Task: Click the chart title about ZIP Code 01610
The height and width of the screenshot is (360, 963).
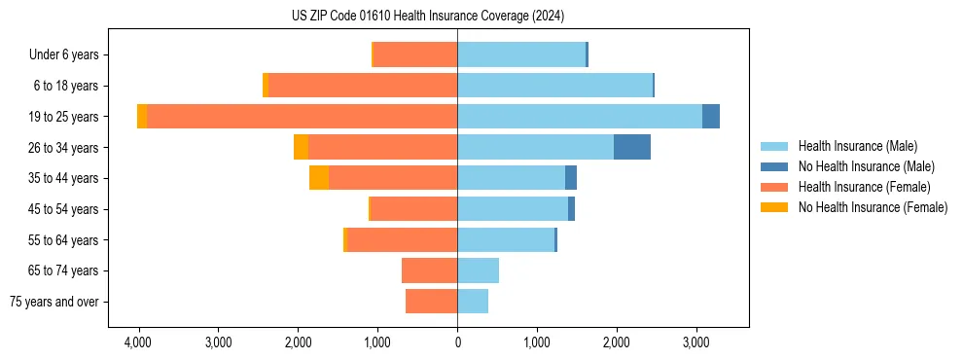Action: (427, 16)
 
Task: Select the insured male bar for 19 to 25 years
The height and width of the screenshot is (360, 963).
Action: (580, 117)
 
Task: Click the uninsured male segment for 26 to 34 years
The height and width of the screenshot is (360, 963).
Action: (631, 147)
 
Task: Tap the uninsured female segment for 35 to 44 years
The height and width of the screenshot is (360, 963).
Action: (319, 178)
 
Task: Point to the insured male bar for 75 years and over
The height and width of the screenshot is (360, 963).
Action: (473, 302)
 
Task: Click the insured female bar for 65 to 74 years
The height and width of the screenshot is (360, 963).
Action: (429, 270)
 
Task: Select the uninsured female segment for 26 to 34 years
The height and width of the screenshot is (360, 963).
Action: (301, 147)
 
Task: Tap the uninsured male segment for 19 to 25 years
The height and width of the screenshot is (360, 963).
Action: (711, 117)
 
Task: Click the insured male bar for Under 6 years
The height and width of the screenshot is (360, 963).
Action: (521, 54)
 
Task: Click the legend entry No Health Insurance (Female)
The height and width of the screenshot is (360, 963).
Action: (873, 207)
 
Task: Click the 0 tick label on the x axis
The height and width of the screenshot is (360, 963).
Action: (457, 342)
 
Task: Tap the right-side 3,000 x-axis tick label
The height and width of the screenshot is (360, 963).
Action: (696, 342)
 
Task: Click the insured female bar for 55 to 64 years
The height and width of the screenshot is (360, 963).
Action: (402, 239)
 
